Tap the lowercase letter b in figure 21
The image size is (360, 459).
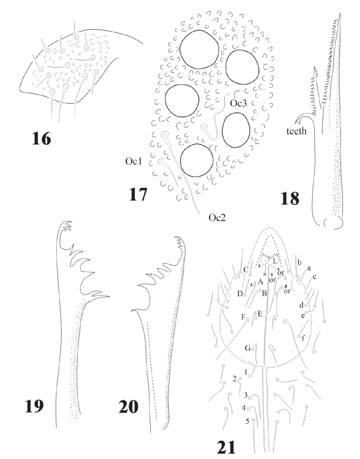298,263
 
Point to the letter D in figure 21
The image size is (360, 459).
240,293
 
